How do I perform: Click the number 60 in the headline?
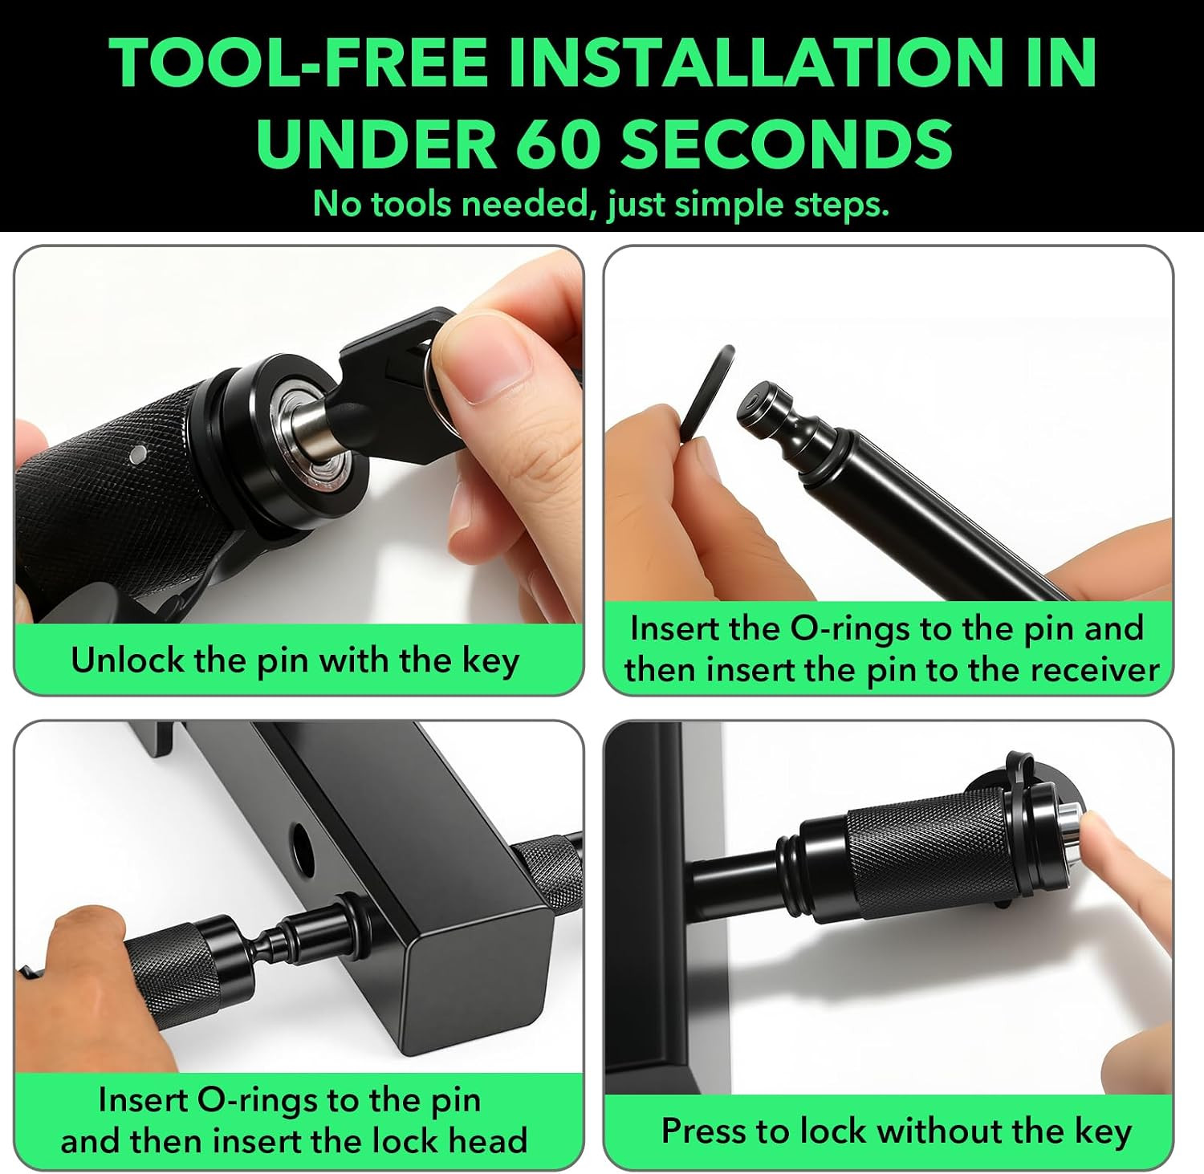555,142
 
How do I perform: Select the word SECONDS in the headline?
787,142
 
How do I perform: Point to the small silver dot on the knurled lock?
138,454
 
